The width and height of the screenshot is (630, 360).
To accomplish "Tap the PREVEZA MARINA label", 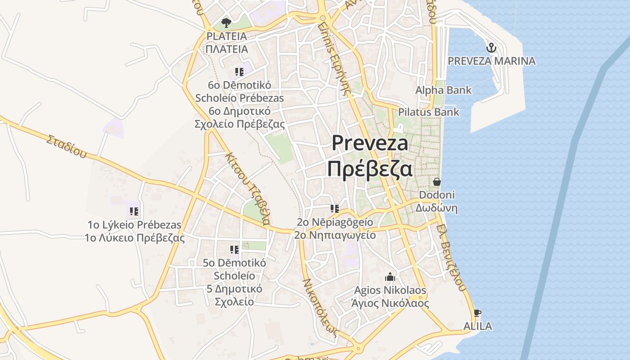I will point(492,61).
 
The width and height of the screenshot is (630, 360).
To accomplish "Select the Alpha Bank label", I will point(443,90).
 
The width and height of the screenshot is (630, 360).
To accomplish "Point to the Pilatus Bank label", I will point(428,112).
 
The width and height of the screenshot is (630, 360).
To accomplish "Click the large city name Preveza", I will point(370,143).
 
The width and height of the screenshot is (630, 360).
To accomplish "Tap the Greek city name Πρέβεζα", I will point(369,169).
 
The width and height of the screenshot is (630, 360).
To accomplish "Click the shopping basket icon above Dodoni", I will point(436,182).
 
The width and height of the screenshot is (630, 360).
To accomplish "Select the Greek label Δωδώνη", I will point(436,208).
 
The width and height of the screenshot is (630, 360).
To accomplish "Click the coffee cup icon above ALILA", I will point(477,313).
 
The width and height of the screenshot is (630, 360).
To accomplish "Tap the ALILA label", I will point(477,326).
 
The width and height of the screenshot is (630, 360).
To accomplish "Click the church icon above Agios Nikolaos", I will point(390,277).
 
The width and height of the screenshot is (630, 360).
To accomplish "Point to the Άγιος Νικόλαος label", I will point(390,303).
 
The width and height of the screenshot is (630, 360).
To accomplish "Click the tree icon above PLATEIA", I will point(226,22).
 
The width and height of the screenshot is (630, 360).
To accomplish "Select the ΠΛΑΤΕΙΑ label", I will point(226,49).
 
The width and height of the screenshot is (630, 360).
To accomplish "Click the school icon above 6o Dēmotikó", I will point(239,72).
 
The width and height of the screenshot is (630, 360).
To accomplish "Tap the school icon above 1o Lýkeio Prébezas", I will point(134,211).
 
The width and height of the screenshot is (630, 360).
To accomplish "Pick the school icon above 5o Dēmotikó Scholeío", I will point(234,249).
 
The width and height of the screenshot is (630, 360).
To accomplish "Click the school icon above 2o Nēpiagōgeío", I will point(334,208).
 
